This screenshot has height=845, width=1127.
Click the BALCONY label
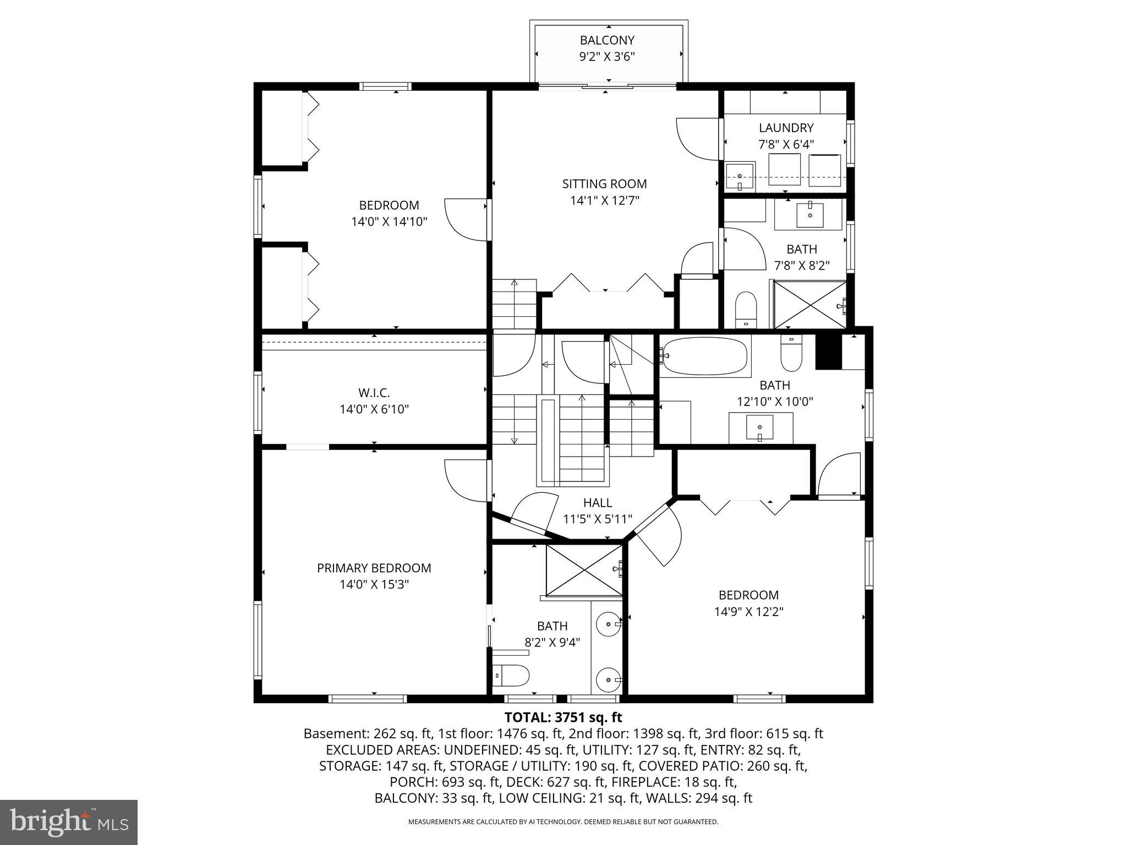pyautogui.click(x=607, y=40)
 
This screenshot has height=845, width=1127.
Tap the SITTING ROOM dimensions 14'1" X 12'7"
pyautogui.click(x=604, y=200)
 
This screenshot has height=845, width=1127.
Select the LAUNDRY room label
pyautogui.click(x=786, y=128)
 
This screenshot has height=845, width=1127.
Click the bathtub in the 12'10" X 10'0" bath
pyautogui.click(x=705, y=356)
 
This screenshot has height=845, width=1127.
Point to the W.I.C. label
pyautogui.click(x=374, y=393)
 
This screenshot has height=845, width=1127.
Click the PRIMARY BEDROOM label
pyautogui.click(x=374, y=568)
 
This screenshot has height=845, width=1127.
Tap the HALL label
pyautogui.click(x=597, y=502)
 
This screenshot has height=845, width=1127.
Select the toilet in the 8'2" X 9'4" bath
pyautogui.click(x=511, y=675)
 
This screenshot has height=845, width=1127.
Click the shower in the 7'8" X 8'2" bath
pyautogui.click(x=809, y=304)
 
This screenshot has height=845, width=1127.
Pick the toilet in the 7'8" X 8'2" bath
pyautogui.click(x=746, y=309)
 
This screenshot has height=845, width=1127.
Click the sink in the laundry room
pyautogui.click(x=740, y=177)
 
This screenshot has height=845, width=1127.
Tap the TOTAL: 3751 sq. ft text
pyautogui.click(x=563, y=717)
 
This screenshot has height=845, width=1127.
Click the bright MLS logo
pyautogui.click(x=69, y=822)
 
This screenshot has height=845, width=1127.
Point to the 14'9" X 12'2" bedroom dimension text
pyautogui.click(x=748, y=611)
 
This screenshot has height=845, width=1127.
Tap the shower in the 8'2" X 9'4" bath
pyautogui.click(x=584, y=570)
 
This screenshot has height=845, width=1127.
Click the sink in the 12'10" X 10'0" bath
pyautogui.click(x=760, y=427)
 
